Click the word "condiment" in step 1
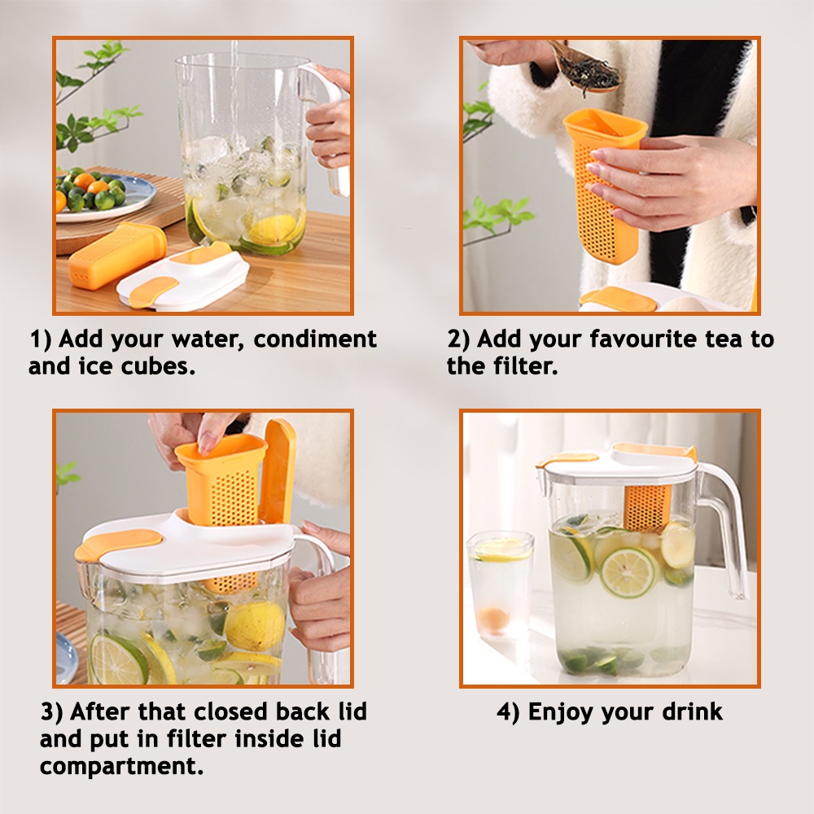tap(314, 339)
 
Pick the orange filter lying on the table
tap(116, 253)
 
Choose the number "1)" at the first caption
tap(41, 339)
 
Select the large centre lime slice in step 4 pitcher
tap(628, 572)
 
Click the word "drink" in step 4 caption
tap(693, 711)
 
